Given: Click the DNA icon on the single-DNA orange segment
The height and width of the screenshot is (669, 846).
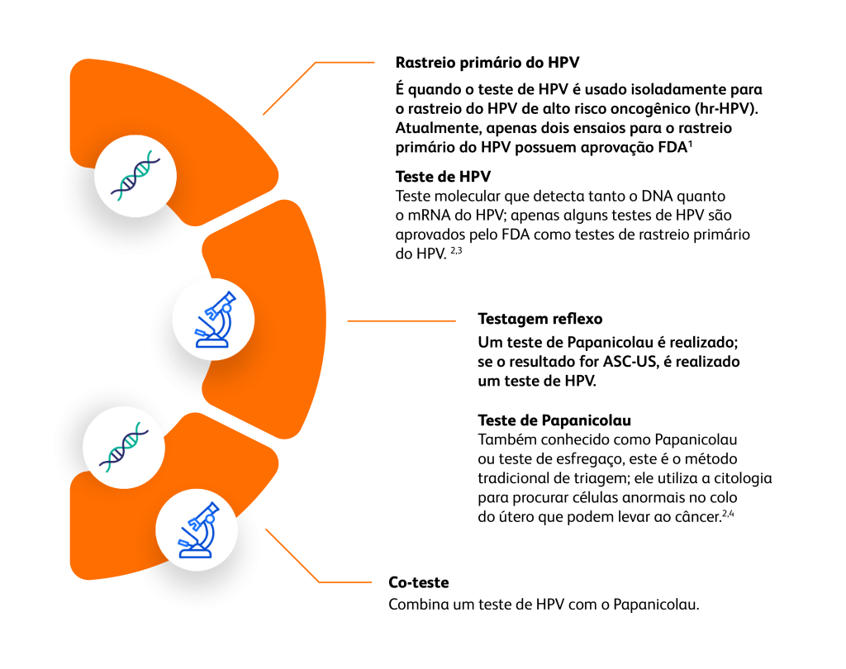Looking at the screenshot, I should (x=135, y=176).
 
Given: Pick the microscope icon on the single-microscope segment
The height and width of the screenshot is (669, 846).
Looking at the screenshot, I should (x=213, y=319).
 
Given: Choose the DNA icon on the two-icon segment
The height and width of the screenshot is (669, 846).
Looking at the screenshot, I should (x=124, y=447).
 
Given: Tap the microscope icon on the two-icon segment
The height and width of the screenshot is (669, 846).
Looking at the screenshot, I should (x=197, y=529).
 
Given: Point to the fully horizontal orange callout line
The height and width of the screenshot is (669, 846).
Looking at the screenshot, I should (x=401, y=320).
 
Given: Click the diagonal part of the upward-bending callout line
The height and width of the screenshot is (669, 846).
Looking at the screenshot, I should (x=289, y=88).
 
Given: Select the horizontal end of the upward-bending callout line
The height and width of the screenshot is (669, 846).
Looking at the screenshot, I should (x=345, y=62).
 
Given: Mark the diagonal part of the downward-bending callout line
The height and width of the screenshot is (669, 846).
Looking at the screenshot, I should (x=292, y=555).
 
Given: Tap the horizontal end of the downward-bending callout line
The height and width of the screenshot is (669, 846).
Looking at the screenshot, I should (x=345, y=582).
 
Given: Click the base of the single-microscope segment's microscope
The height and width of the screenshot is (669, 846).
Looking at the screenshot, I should (x=212, y=342).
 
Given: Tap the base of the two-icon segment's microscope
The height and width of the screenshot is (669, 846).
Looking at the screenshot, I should (x=196, y=553).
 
